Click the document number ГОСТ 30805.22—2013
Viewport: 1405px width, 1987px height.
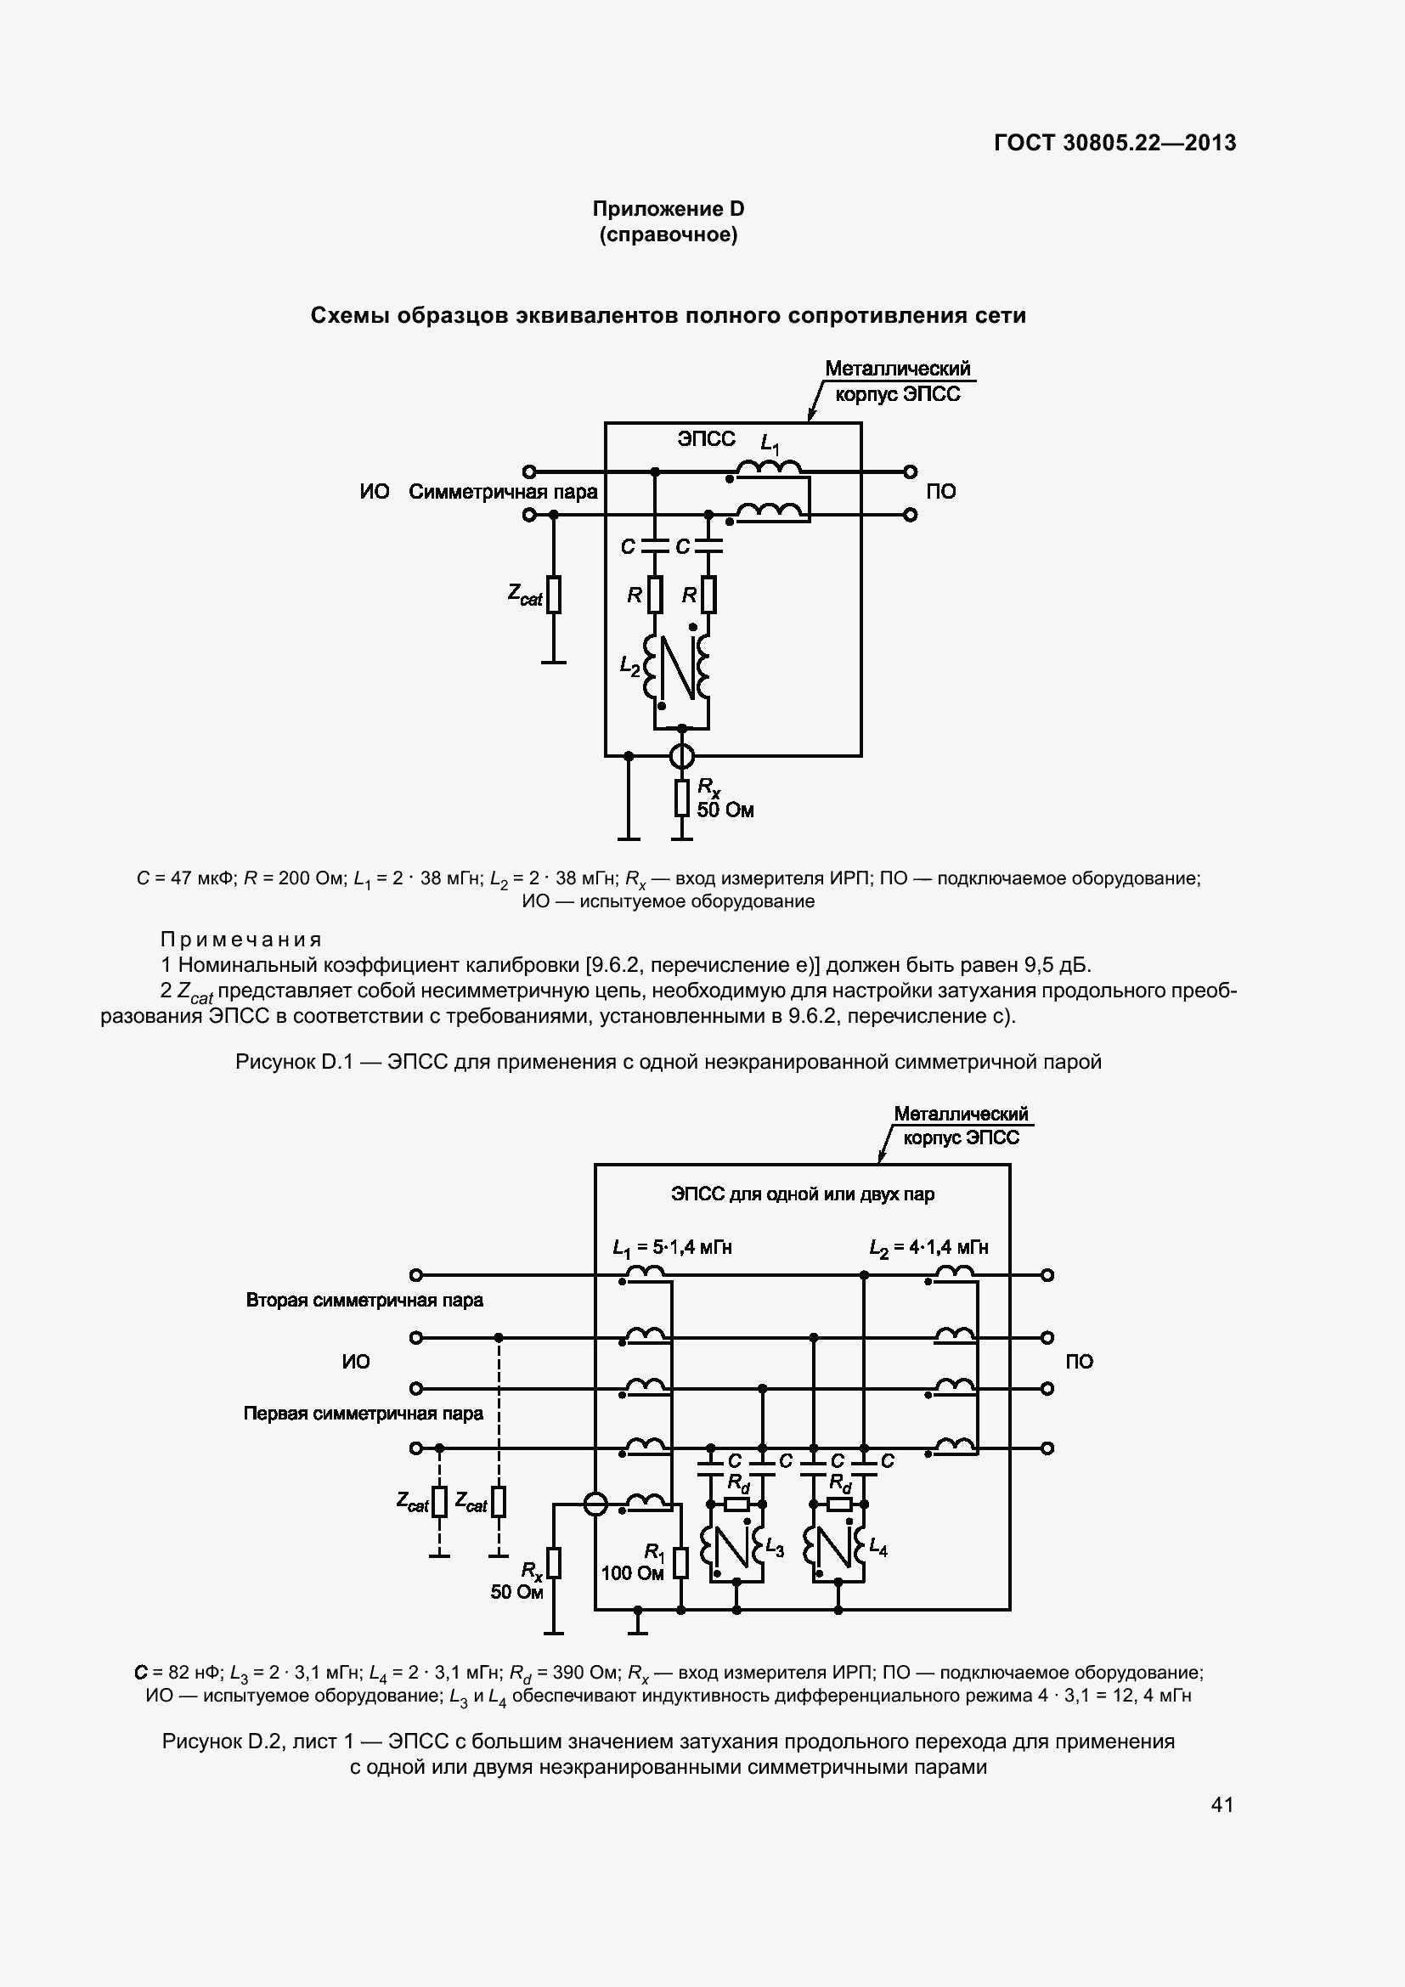pyautogui.click(x=1114, y=143)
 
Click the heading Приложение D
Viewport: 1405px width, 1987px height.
pyautogui.click(x=668, y=209)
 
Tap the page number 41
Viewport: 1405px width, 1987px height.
pyautogui.click(x=1222, y=1804)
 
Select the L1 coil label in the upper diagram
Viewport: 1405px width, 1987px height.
pyautogui.click(x=769, y=445)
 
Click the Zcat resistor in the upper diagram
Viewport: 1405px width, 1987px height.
pyautogui.click(x=554, y=595)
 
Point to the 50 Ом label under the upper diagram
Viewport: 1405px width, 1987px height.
pyautogui.click(x=725, y=811)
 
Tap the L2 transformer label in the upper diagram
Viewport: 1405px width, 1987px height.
pyautogui.click(x=629, y=665)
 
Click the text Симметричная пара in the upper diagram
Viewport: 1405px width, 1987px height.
pyautogui.click(x=503, y=493)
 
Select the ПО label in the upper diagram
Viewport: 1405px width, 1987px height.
pyautogui.click(x=941, y=492)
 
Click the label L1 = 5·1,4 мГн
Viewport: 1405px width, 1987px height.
pyautogui.click(x=672, y=1247)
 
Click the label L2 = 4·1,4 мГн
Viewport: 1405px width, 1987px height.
pyautogui.click(x=928, y=1247)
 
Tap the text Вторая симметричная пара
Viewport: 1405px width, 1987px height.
pyautogui.click(x=364, y=1300)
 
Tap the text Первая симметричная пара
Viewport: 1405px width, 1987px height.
pyautogui.click(x=364, y=1414)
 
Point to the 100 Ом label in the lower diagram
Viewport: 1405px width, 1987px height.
pyautogui.click(x=631, y=1572)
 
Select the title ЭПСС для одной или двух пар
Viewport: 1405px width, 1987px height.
pyautogui.click(x=802, y=1194)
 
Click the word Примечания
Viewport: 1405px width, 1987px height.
pyautogui.click(x=241, y=940)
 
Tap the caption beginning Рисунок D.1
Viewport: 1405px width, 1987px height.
pyautogui.click(x=668, y=1062)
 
